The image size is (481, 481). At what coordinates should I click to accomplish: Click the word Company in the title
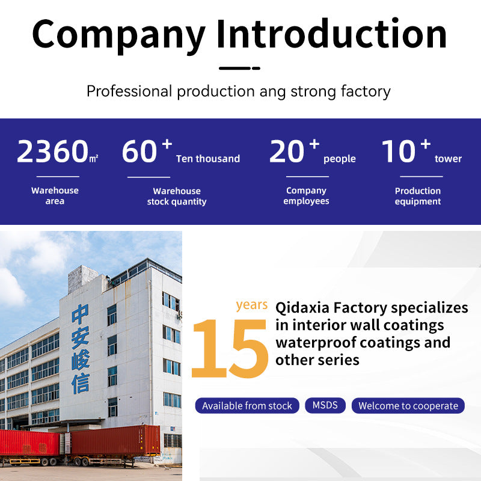[x=118, y=36]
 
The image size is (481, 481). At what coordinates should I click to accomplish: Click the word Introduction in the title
[x=332, y=33]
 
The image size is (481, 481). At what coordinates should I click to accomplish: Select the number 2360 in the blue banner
[x=53, y=151]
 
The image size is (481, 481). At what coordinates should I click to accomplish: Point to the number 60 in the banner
[x=139, y=151]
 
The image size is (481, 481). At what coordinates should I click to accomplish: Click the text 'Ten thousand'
[x=208, y=159]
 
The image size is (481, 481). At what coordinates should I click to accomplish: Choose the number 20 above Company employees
[x=287, y=151]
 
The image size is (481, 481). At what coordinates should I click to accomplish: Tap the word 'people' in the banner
[x=340, y=159]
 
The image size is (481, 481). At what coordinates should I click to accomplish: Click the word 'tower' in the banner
[x=448, y=159]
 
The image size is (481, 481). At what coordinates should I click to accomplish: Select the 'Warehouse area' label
[x=55, y=196]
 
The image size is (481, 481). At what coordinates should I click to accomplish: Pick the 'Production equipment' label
[x=418, y=196]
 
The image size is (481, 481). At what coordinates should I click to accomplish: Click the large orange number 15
[x=230, y=349]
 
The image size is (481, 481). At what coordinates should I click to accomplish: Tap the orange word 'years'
[x=252, y=305]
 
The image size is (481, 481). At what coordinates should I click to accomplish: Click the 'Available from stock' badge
[x=247, y=405]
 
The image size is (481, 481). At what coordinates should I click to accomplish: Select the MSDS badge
[x=325, y=405]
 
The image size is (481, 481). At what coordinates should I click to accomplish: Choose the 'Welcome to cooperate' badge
[x=408, y=405]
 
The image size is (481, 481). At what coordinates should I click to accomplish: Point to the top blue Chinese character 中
[x=80, y=314]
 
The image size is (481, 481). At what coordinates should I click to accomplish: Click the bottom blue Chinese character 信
[x=81, y=383]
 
